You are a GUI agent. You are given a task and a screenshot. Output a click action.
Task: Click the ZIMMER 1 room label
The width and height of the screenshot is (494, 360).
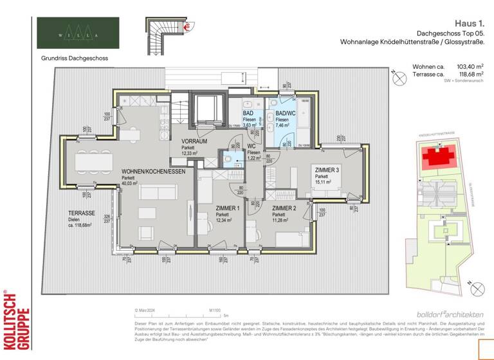[x=210, y=208]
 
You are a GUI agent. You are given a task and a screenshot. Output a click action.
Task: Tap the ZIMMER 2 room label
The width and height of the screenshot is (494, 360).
[x=284, y=208]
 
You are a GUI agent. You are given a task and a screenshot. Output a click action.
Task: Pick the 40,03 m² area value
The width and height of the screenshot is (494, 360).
[x=131, y=184]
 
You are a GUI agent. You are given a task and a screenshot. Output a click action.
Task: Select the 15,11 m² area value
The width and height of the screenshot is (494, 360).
[x=323, y=182]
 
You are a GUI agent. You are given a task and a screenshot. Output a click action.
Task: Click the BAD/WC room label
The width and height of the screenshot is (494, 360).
[x=286, y=113]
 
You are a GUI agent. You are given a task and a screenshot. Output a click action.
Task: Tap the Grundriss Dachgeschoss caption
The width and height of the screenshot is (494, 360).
[x=72, y=58]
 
